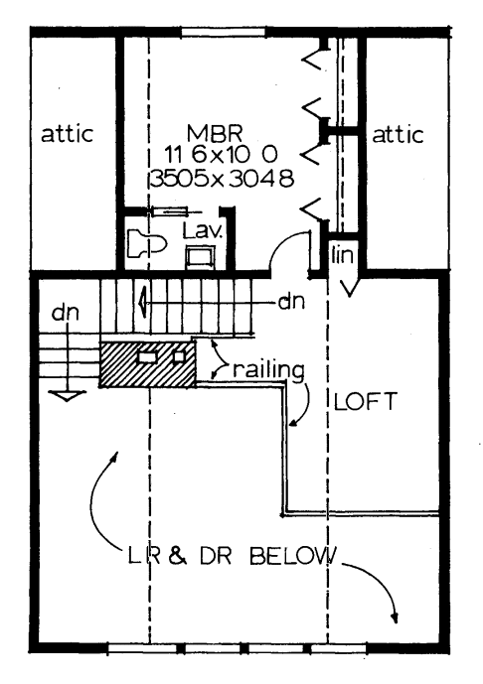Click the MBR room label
point(215,133)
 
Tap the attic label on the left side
point(68,134)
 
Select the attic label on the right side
point(398,135)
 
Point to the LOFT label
point(365,401)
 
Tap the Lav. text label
point(203,230)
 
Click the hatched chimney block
point(148,364)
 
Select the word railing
point(268,371)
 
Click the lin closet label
point(342,255)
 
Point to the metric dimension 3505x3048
point(222,179)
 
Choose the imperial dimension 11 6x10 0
point(221,154)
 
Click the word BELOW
point(293,556)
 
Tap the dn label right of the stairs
point(291,302)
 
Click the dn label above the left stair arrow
point(66,313)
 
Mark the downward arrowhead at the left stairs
point(67,396)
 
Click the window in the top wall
point(224,33)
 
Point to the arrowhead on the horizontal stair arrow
point(142,302)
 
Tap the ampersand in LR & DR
point(177,557)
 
